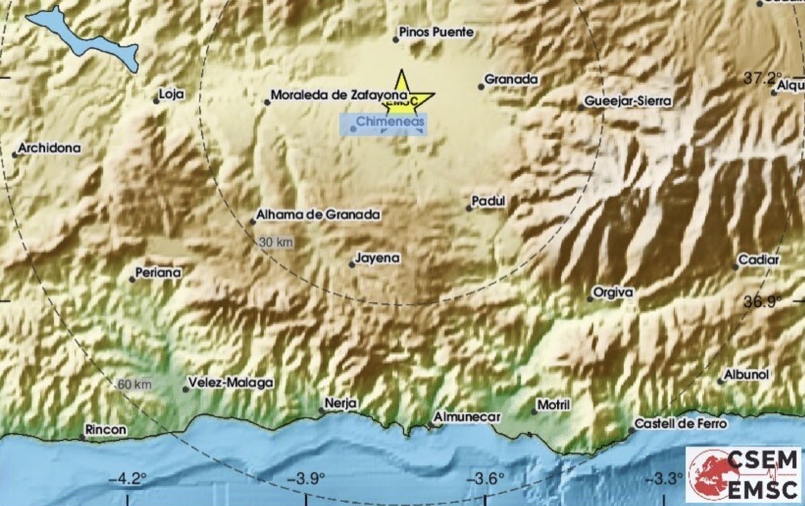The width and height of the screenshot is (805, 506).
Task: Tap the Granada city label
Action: pyautogui.click(x=510, y=80)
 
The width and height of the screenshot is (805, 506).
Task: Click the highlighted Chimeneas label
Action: pyautogui.click(x=386, y=123)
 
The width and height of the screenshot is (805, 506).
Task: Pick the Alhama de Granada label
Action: pyautogui.click(x=320, y=215)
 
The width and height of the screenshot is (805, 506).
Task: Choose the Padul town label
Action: pyautogui.click(x=489, y=202)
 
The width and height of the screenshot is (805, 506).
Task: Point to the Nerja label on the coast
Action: pyautogui.click(x=341, y=403)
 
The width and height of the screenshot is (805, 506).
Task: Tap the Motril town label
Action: pyautogui.click(x=555, y=404)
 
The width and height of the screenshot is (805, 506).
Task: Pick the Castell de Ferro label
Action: pyautogui.click(x=681, y=423)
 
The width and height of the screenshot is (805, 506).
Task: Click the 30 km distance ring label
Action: pyautogui.click(x=275, y=242)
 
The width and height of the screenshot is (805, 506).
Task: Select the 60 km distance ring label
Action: pyautogui.click(x=134, y=384)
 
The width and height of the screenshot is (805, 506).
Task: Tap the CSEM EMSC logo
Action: pyautogui.click(x=744, y=474)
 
